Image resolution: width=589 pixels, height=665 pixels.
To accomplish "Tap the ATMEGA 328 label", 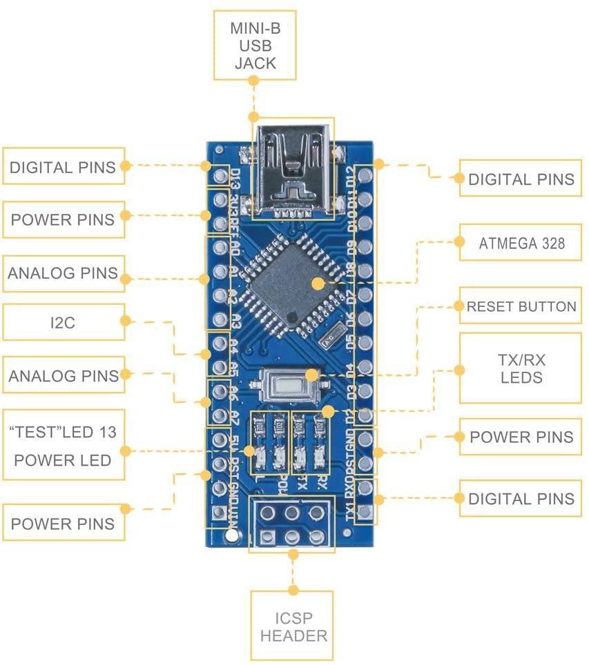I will pyautogui.click(x=521, y=243).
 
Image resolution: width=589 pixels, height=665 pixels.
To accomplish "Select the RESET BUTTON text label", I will pyautogui.click(x=521, y=306).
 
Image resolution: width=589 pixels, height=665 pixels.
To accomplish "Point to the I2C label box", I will pyautogui.click(x=64, y=321).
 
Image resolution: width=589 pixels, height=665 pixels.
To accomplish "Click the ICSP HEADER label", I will pyautogui.click(x=293, y=626).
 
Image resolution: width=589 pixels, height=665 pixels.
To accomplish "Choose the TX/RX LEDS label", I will pyautogui.click(x=521, y=368).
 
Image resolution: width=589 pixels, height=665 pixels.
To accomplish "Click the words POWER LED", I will pyautogui.click(x=63, y=460).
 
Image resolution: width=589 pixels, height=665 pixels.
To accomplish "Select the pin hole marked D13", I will pyautogui.click(x=220, y=177).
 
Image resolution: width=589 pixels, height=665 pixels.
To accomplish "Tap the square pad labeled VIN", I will pyautogui.click(x=220, y=513).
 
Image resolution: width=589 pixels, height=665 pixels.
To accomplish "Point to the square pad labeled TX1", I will pyautogui.click(x=365, y=513).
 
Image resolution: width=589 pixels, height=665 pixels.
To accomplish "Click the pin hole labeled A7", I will pyautogui.click(x=220, y=416).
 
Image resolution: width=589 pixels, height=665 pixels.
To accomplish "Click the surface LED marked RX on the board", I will pyautogui.click(x=320, y=455).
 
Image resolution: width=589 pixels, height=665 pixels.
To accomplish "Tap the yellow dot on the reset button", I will pyautogui.click(x=311, y=375).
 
